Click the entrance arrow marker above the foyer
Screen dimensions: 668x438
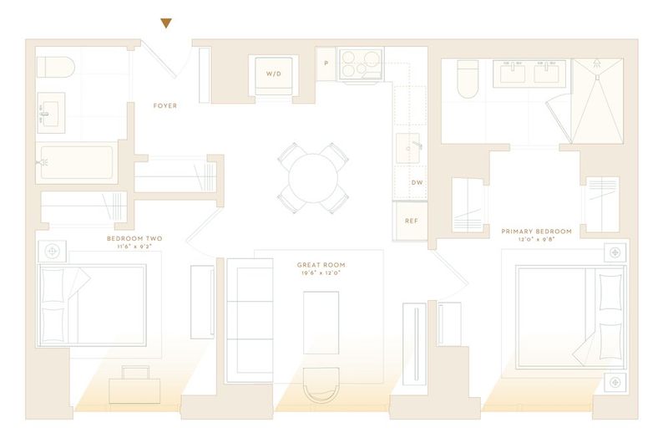pos(166,23)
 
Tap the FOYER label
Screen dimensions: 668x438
pos(164,106)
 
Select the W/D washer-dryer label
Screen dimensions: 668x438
pos(274,74)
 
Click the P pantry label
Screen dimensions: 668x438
pos(326,64)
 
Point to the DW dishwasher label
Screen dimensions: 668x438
pos(417,182)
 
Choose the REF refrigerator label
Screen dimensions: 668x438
pos(411,221)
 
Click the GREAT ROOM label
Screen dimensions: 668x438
pos(321,265)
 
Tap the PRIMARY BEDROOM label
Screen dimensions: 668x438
pos(536,232)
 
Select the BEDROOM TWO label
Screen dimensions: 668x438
pos(134,239)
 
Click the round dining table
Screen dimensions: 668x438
pos(313,178)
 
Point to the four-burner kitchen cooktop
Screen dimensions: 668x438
pos(361,64)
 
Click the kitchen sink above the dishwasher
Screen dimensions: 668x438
pos(407,149)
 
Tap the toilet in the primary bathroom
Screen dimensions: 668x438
pos(468,79)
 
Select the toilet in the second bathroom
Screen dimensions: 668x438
pos(56,67)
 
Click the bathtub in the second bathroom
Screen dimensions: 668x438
pos(77,162)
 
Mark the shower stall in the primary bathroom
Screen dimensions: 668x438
pos(597,101)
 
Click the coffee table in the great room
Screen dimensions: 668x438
pos(321,323)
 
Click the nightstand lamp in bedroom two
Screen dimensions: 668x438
pos(53,252)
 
